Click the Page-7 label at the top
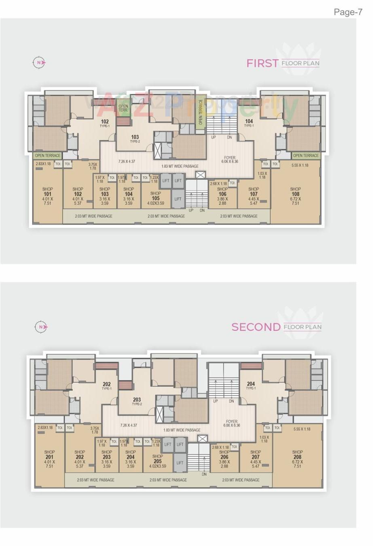[x=348, y=12]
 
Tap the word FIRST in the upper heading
[x=262, y=63]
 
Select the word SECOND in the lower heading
[x=256, y=327]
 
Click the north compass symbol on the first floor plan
[x=39, y=63]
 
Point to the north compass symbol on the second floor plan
[x=40, y=327]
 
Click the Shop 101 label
[x=48, y=194]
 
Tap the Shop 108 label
[x=296, y=194]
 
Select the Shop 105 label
[x=156, y=196]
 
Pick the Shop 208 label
[x=298, y=457]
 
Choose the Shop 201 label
[x=49, y=457]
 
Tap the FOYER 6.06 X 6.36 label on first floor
[x=230, y=160]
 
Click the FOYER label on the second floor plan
[x=232, y=422]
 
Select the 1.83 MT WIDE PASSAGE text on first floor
[x=180, y=166]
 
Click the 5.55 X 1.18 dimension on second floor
[x=302, y=429]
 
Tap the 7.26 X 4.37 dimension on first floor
[x=127, y=162]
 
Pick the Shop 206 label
[x=224, y=457]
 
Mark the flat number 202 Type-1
[x=107, y=385]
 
